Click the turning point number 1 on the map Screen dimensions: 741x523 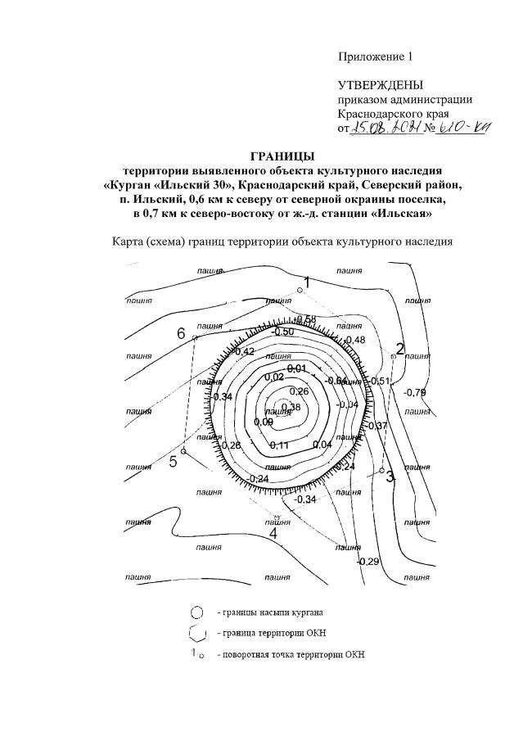306,282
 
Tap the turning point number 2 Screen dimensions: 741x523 400,348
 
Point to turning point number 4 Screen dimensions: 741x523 273,533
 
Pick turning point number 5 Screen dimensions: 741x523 173,461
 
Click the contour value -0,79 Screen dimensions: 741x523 415,391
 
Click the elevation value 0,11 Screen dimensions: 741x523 280,445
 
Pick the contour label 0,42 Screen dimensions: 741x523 244,351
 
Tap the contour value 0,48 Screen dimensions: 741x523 355,340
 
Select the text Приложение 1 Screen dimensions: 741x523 376,56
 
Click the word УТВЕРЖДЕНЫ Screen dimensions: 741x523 381,85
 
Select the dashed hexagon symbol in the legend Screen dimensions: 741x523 196,632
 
